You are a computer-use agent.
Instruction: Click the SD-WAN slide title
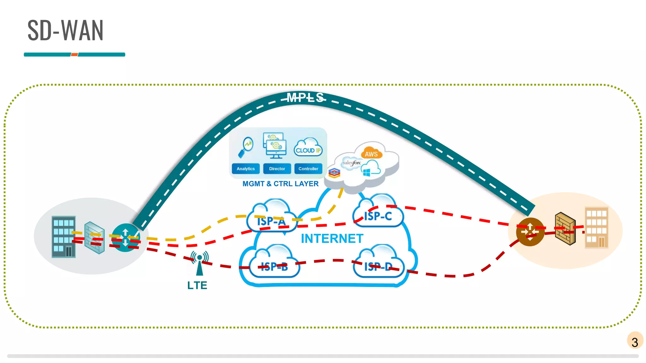65,31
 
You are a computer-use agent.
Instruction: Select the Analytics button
246,169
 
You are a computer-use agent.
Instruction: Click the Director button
277,169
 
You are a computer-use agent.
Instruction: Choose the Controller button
308,169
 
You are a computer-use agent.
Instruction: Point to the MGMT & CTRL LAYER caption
280,184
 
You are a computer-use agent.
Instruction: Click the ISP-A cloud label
271,221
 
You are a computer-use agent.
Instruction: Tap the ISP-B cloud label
274,267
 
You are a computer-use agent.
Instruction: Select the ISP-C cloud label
378,216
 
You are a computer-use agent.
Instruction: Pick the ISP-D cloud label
378,267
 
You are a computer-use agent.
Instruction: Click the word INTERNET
332,239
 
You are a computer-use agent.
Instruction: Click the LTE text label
197,285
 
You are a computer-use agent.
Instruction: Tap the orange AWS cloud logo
371,153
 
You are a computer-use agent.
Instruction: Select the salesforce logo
351,163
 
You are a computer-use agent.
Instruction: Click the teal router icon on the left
126,237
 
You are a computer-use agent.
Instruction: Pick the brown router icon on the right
530,232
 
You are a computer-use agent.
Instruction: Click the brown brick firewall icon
565,228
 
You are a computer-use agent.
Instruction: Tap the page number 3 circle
635,341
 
